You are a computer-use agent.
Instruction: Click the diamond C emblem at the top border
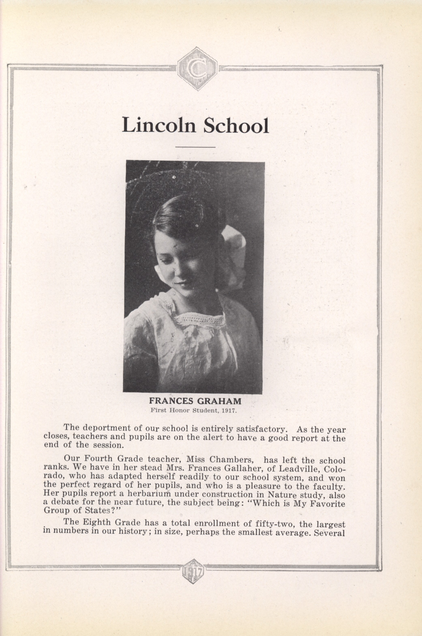pos(197,69)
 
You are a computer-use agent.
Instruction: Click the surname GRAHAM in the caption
pos(219,401)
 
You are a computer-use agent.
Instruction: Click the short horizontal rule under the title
pos(195,147)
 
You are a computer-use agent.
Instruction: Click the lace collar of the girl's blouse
pos(199,320)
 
